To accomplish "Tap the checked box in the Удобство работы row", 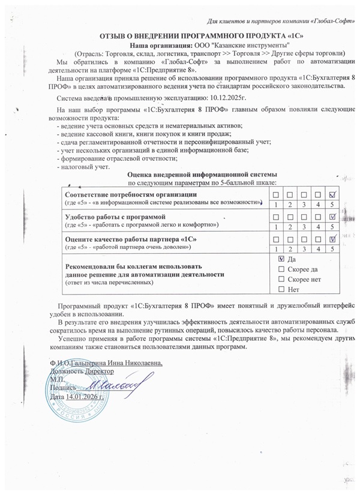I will coord(333,216).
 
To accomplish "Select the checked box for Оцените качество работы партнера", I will coord(333,239).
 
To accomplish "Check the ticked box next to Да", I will coord(282,259).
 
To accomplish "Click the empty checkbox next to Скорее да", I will coord(282,269).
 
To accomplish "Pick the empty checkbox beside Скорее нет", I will coord(282,280).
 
